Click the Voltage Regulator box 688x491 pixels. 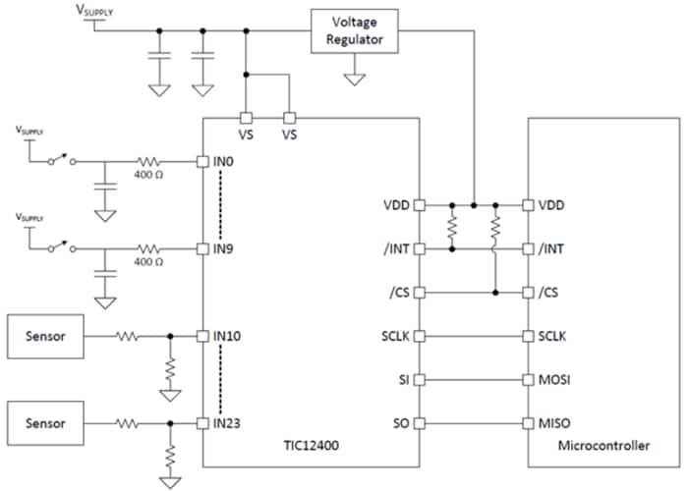coord(355,30)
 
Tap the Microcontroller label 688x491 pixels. coord(602,446)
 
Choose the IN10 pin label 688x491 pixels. coord(230,336)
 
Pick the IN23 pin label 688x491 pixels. coord(230,423)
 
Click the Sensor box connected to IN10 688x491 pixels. coord(45,336)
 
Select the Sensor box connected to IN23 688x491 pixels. coord(45,423)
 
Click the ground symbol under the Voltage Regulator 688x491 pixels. coord(355,76)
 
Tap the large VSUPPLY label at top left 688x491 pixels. coord(94,10)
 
